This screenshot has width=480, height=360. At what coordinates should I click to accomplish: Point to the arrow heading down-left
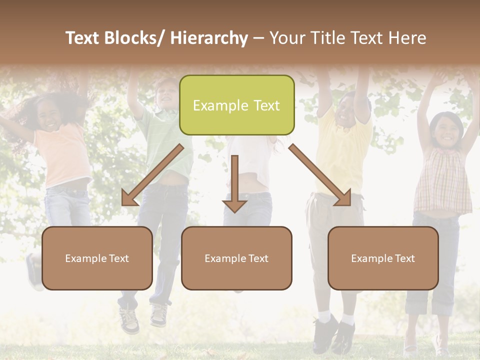pyautogui.click(x=152, y=175)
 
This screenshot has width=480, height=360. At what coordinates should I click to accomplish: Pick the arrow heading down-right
pyautogui.click(x=320, y=175)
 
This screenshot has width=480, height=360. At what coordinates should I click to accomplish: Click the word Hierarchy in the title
pyautogui.click(x=209, y=38)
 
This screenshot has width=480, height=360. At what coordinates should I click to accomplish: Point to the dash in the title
pyautogui.click(x=258, y=38)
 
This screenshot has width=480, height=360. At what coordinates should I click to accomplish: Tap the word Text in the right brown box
pyautogui.click(x=404, y=258)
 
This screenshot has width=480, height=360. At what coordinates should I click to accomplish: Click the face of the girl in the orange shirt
pyautogui.click(x=49, y=118)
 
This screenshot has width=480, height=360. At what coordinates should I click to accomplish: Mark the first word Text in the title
pyautogui.click(x=85, y=38)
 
